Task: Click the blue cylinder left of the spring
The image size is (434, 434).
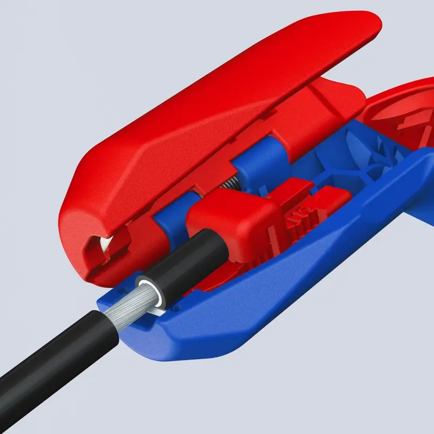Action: pyautogui.click(x=168, y=217)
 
